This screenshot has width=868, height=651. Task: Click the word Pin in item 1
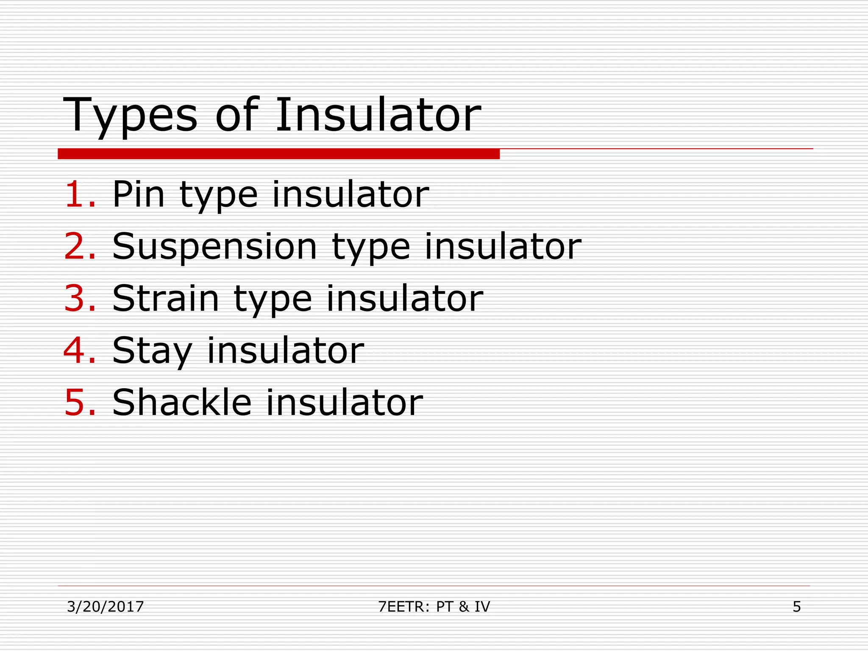click(x=138, y=194)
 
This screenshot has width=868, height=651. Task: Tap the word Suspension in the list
click(x=214, y=247)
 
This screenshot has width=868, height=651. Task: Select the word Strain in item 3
click(x=166, y=298)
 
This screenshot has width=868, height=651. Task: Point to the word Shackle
click(x=182, y=402)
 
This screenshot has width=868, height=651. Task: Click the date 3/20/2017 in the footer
click(x=106, y=607)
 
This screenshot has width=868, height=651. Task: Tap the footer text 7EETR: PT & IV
click(x=434, y=607)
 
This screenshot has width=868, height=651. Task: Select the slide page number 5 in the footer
click(x=797, y=607)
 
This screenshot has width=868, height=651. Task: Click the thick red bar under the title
click(x=278, y=154)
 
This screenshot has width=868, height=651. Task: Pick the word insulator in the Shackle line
click(x=344, y=402)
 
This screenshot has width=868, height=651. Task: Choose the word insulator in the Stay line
click(x=285, y=351)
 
